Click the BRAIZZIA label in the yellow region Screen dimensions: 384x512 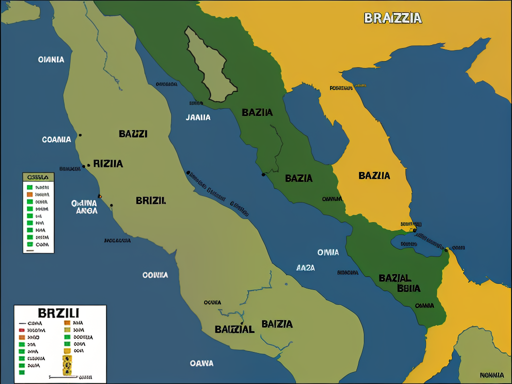393,18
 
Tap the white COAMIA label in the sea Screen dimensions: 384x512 56,139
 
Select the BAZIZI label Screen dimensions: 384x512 133,133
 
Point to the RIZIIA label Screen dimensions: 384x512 108,163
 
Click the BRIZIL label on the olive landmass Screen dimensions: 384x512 150,200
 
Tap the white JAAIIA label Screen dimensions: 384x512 198,117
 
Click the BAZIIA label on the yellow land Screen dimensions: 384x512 374,175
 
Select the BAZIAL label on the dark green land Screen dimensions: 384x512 395,278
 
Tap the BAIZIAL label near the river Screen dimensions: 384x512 234,329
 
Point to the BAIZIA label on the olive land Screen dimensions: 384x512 277,324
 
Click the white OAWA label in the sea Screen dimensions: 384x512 201,363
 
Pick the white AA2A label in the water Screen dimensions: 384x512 305,267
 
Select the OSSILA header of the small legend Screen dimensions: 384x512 38,176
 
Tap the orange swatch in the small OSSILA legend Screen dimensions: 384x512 29,193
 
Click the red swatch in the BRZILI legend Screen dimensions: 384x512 21,330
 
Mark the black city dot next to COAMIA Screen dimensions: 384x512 80,135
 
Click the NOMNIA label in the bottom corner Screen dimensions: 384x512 491,375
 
